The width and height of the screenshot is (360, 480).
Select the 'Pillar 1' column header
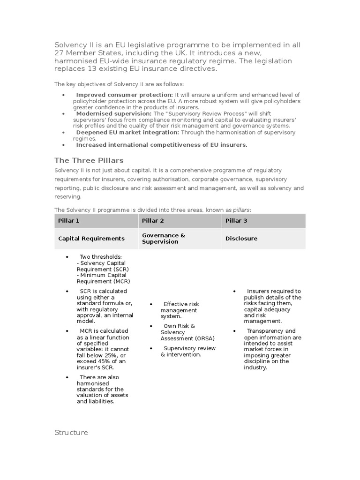pos(68,220)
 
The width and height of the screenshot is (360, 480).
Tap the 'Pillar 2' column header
pos(153,220)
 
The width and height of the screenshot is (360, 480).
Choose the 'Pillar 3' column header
pos(236,220)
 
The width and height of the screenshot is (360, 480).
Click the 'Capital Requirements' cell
pos(91,239)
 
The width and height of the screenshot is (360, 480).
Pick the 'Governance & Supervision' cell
pos(160,239)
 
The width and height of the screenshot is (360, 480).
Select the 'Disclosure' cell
pos(241,239)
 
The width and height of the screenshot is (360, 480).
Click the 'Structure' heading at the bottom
pos(71,433)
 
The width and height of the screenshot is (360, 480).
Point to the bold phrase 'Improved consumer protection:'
pos(125,95)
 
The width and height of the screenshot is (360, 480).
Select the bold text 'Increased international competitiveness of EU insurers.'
pos(162,145)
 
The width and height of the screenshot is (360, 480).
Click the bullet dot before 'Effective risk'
pos(151,304)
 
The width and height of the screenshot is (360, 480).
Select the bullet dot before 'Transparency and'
pos(234,331)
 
